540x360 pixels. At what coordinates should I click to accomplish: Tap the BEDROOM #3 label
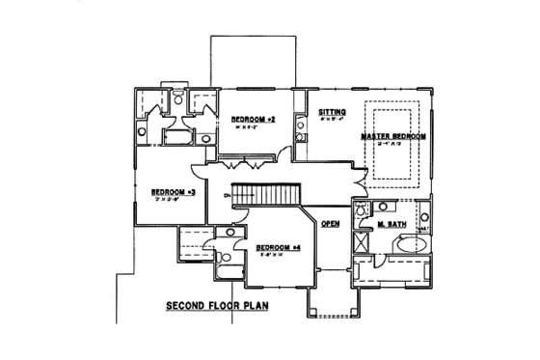click(175, 192)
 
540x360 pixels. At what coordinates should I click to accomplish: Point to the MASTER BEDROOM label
click(392, 137)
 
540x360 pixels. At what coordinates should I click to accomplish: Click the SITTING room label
click(332, 113)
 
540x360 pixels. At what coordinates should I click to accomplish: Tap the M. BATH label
click(391, 224)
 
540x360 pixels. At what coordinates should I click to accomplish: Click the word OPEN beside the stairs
click(331, 224)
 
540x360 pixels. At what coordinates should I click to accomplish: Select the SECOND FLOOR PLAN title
click(215, 307)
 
